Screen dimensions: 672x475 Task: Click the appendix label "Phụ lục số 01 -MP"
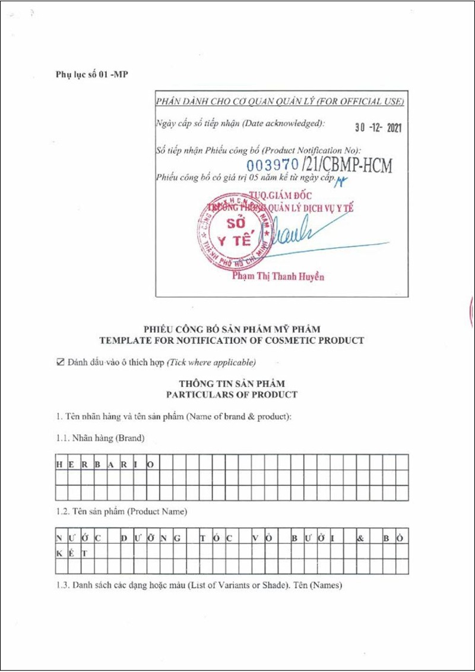click(92, 74)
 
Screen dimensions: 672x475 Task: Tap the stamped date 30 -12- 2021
click(378, 127)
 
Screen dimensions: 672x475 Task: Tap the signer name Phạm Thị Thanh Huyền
click(278, 277)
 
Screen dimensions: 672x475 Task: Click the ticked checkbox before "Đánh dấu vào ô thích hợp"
click(59, 362)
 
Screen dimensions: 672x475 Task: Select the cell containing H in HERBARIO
click(59, 463)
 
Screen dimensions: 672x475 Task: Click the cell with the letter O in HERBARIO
click(151, 463)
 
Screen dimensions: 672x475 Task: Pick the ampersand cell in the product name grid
click(360, 538)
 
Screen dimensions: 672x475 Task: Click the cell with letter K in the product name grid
click(59, 553)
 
